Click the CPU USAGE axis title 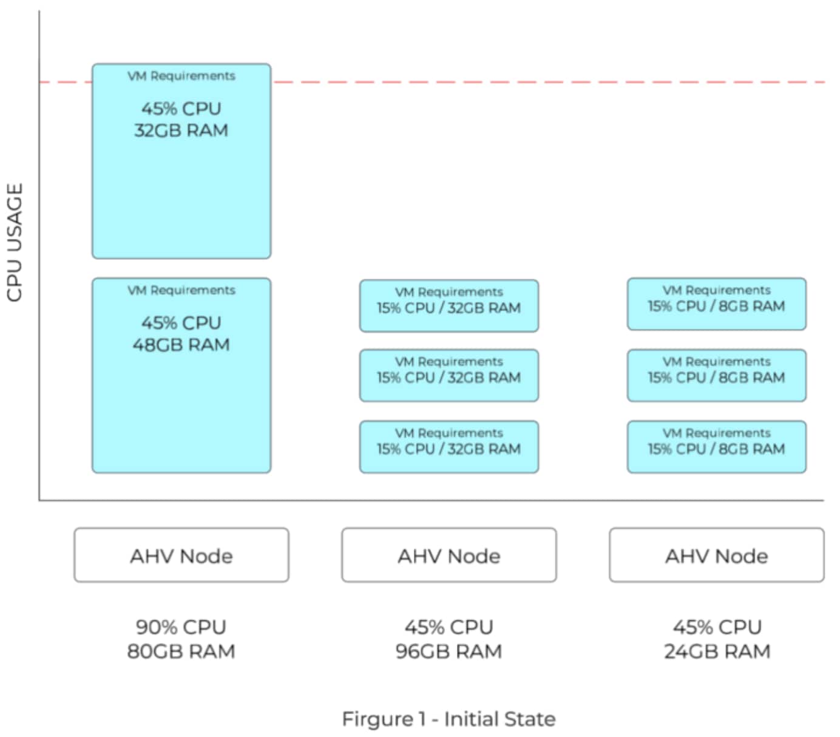click(x=15, y=242)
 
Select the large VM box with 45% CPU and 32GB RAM click(x=181, y=161)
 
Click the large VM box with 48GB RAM click(x=181, y=375)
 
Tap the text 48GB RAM click(x=181, y=345)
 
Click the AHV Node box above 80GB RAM click(x=181, y=555)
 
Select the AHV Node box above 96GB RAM click(x=449, y=555)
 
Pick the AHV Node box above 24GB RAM click(x=717, y=555)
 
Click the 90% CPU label click(x=181, y=627)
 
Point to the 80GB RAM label click(x=181, y=651)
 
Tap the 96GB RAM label click(x=449, y=651)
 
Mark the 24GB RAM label click(x=717, y=651)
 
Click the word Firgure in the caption click(x=378, y=719)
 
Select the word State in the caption click(x=530, y=719)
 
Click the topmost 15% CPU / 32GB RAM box click(x=449, y=305)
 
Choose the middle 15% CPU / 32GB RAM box click(x=449, y=375)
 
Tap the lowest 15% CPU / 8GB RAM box click(x=717, y=447)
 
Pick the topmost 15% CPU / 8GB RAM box click(x=717, y=304)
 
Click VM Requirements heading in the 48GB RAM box click(x=181, y=290)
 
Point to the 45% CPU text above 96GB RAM click(x=449, y=627)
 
